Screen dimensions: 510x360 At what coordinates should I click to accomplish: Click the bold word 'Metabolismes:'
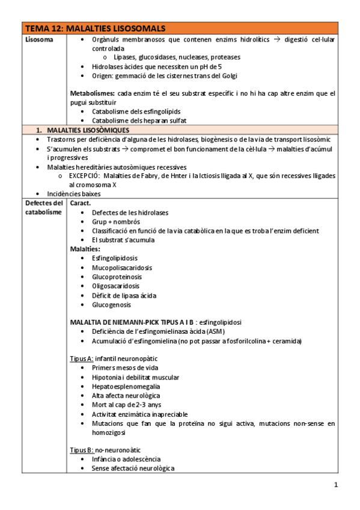pos(93,94)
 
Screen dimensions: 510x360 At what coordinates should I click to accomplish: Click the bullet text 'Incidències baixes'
pos(75,194)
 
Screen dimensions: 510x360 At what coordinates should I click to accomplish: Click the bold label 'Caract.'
pos(81,203)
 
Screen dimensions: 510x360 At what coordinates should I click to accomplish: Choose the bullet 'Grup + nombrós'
pos(117,221)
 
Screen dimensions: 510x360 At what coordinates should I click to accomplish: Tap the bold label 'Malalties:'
pos(85,249)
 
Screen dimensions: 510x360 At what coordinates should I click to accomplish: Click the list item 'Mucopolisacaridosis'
pos(122,268)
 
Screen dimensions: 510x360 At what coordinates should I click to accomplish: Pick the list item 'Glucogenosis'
pos(111,304)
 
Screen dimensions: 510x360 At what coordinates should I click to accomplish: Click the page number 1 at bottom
pos(337,485)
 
